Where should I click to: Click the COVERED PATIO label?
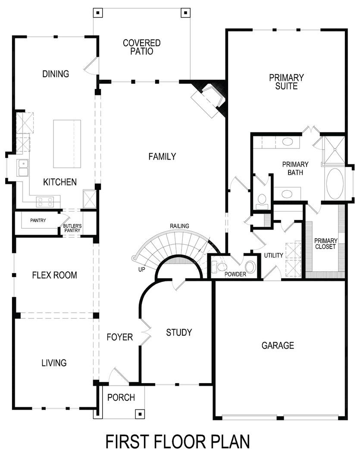[141, 47]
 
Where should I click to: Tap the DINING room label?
[56, 74]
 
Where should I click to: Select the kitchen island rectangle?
[67, 144]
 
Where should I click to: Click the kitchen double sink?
[22, 168]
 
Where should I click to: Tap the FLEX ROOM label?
[54, 275]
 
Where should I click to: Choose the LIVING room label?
[54, 363]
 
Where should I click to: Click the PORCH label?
[121, 397]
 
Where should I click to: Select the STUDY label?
[179, 332]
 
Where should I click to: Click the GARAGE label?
[278, 345]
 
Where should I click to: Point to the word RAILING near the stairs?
[179, 226]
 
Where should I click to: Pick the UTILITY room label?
[274, 255]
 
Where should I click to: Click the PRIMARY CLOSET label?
[326, 244]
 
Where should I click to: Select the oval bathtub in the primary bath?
[335, 183]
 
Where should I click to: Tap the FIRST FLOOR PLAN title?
[178, 442]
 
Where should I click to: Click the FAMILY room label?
[162, 157]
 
